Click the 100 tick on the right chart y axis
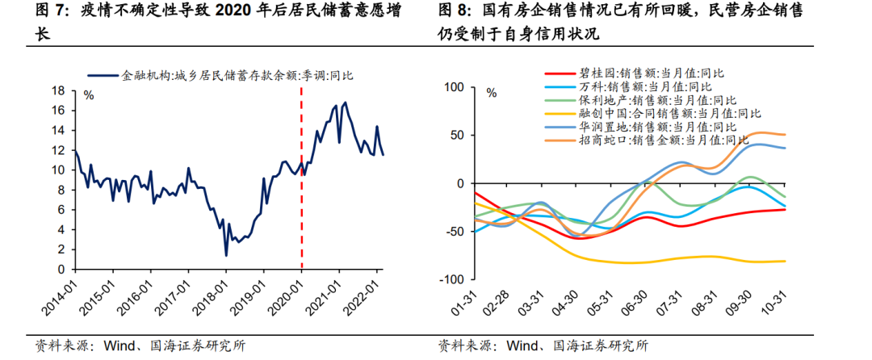coord(455,87)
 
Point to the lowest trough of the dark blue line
coord(226,255)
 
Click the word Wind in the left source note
coord(119,346)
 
